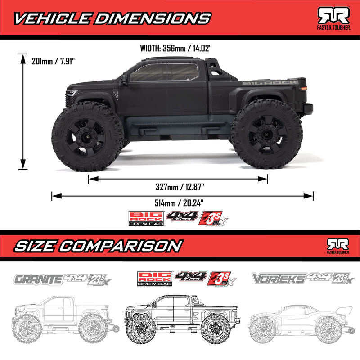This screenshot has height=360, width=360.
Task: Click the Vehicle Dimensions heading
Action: coord(111,18)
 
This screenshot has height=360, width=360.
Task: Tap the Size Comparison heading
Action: coord(98,246)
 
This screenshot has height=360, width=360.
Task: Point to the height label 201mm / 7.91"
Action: coord(51,60)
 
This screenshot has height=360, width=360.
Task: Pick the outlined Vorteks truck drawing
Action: coord(297,322)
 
